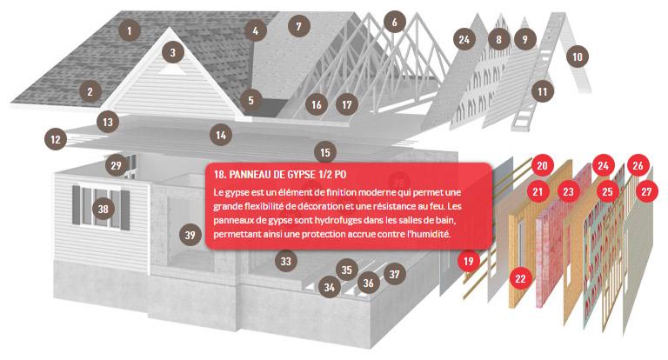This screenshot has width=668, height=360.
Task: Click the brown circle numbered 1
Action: coord(130,30)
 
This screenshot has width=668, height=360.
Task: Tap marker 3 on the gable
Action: coord(172,52)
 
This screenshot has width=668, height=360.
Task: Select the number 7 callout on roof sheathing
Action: coord(298,26)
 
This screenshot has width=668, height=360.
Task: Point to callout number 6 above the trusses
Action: coord(395,22)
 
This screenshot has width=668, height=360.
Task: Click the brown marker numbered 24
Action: coord(464,39)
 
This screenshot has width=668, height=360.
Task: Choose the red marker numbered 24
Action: coord(603,165)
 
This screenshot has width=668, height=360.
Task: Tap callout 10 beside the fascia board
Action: coord(578,57)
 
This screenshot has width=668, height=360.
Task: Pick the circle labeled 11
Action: coord(543,91)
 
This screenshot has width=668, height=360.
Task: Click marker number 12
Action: coord(56,139)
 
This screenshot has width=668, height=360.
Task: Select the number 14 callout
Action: coord(221,135)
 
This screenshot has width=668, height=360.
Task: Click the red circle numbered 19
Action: coord(469,261)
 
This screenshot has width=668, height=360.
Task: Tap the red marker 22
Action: coord(520,278)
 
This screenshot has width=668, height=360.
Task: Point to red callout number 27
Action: coord(646,191)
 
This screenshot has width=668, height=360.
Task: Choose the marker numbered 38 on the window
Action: coord(104,209)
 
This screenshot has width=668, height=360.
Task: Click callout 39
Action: coord(190,235)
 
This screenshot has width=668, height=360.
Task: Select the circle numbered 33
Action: coord(285,261)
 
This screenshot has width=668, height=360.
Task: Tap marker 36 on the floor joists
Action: coord(368,283)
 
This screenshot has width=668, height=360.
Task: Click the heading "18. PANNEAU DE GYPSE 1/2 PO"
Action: coord(280,175)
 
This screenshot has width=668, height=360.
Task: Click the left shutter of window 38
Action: coord(77,204)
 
